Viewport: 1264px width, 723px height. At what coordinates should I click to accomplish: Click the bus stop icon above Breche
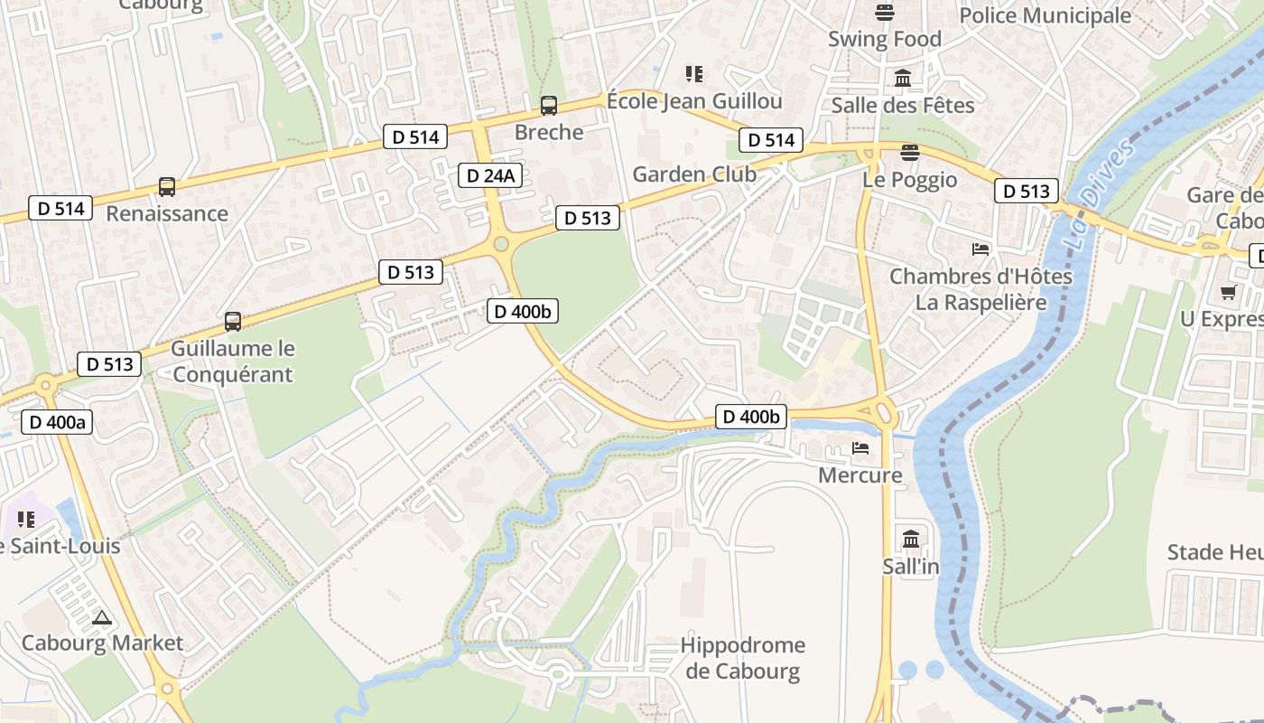point(548,106)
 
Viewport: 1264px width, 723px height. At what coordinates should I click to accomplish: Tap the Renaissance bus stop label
point(167,213)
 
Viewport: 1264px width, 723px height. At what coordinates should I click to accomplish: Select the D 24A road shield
point(491,175)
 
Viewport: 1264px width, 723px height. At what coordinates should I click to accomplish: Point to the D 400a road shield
point(57,421)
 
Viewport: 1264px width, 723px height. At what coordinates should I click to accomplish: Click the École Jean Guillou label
point(694,100)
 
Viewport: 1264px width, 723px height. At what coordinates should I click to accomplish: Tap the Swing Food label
point(885,39)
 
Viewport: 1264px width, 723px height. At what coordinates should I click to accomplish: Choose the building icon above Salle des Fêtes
point(903,79)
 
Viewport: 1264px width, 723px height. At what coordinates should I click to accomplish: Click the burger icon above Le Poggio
point(909,152)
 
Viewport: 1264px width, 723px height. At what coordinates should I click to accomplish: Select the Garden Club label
point(694,174)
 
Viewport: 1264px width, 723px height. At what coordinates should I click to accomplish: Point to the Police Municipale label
point(1045,15)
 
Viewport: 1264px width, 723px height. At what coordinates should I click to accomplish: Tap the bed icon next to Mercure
point(860,448)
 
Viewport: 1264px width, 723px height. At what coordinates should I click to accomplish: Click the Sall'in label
point(911,567)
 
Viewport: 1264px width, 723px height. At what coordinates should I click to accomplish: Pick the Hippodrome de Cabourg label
point(742,658)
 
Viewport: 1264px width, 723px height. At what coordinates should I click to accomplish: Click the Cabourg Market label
point(102,643)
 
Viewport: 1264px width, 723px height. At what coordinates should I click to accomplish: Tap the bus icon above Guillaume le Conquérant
point(233,322)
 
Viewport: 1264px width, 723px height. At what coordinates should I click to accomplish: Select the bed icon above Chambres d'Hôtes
point(981,249)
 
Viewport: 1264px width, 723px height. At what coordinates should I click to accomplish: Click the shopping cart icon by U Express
point(1228,292)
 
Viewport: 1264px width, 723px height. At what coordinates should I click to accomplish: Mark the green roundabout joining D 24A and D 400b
point(501,243)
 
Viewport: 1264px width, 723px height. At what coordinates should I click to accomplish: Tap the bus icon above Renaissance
point(167,187)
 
